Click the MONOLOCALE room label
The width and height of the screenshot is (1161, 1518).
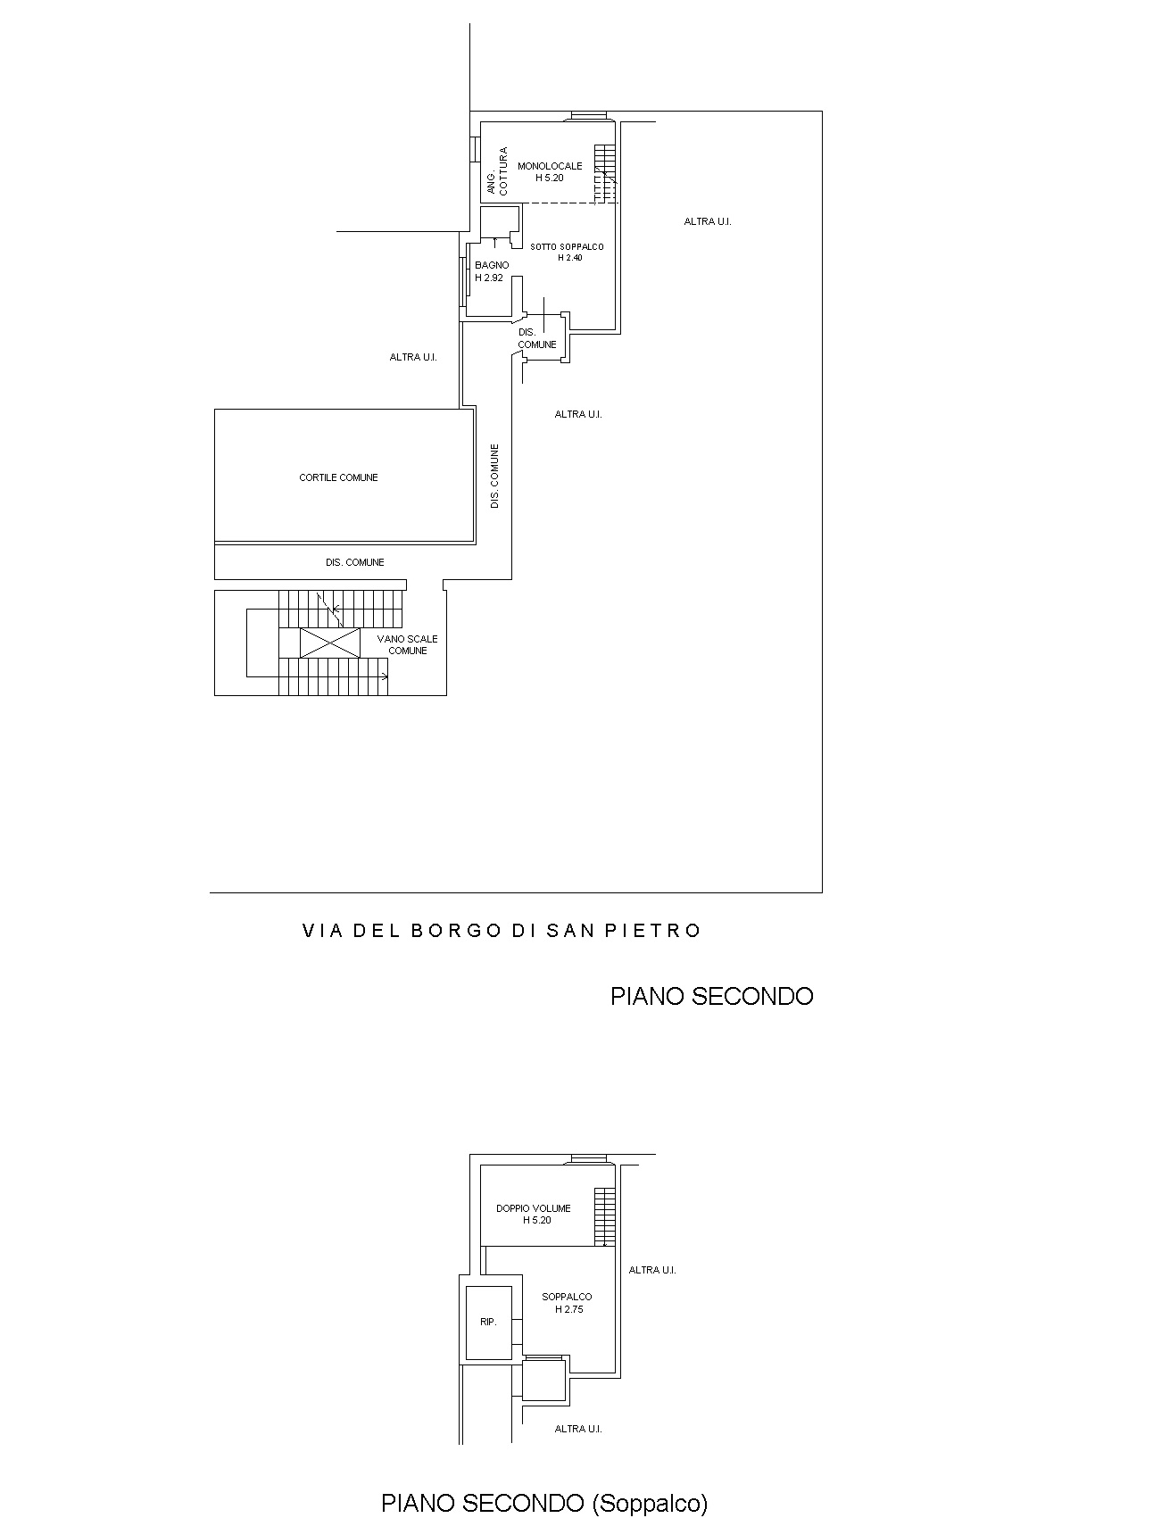click(x=550, y=166)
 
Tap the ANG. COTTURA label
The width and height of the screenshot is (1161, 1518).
click(x=497, y=171)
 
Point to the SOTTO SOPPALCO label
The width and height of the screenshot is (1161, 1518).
click(x=567, y=247)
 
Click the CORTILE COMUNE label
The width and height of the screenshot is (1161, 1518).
click(x=338, y=477)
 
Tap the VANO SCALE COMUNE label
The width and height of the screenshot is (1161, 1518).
click(x=407, y=644)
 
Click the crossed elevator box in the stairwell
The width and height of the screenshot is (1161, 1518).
click(x=329, y=643)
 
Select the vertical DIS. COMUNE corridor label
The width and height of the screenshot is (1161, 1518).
click(x=495, y=477)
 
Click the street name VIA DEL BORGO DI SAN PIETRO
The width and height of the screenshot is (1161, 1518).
click(x=502, y=931)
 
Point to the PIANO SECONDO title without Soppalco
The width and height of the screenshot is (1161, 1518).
click(x=711, y=996)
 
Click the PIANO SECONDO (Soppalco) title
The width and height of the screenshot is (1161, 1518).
click(x=544, y=1503)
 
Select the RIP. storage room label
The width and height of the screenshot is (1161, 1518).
click(x=488, y=1322)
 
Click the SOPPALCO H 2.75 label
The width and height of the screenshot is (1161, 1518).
click(x=567, y=1303)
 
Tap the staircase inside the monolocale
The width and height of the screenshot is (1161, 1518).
click(x=606, y=173)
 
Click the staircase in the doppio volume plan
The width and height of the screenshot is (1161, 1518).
click(x=605, y=1216)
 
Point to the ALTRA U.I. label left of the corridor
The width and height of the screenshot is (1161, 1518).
click(x=413, y=357)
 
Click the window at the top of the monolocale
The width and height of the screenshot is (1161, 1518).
click(x=588, y=115)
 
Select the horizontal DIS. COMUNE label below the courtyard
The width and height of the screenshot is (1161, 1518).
click(x=355, y=562)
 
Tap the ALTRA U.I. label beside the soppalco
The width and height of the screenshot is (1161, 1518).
click(x=652, y=1270)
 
